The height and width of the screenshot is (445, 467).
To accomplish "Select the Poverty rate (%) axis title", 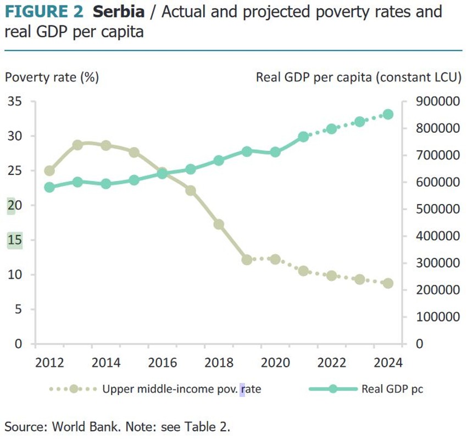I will click(52, 77).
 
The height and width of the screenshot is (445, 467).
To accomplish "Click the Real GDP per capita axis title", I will click(358, 77).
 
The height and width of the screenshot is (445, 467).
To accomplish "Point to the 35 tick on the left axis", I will click(15, 102).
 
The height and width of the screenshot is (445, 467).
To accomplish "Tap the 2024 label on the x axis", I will click(388, 363).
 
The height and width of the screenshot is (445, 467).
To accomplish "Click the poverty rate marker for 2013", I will click(77, 145).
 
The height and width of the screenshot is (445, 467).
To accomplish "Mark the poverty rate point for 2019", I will click(247, 260).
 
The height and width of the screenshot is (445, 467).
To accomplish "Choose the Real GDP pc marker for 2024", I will click(388, 114).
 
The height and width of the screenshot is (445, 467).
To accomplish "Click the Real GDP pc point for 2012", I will click(49, 187).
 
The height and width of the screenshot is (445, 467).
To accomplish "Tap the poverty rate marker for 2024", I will click(388, 283).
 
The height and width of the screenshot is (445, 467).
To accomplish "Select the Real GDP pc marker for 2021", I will click(303, 137).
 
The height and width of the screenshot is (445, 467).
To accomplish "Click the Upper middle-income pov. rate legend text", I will click(181, 390).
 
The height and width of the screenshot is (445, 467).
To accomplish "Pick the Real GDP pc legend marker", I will click(332, 390).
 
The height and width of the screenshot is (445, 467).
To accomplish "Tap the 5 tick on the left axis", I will click(19, 309).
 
